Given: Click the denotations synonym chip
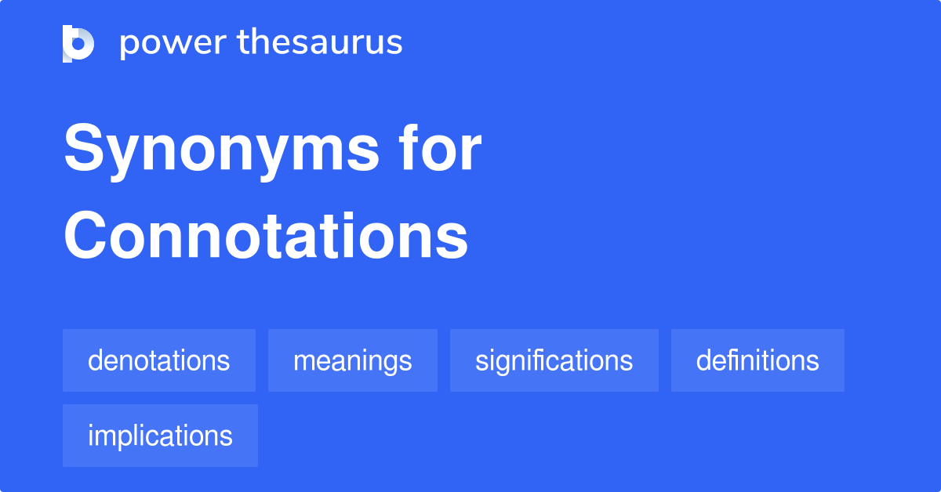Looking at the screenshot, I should click(x=159, y=360).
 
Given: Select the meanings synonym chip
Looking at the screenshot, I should click(x=353, y=360).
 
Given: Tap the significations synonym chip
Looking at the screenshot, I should click(x=554, y=360).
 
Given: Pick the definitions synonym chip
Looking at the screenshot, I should click(x=758, y=360).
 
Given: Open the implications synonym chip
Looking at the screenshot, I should click(x=160, y=436).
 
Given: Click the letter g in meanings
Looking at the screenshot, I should click(x=391, y=364).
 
